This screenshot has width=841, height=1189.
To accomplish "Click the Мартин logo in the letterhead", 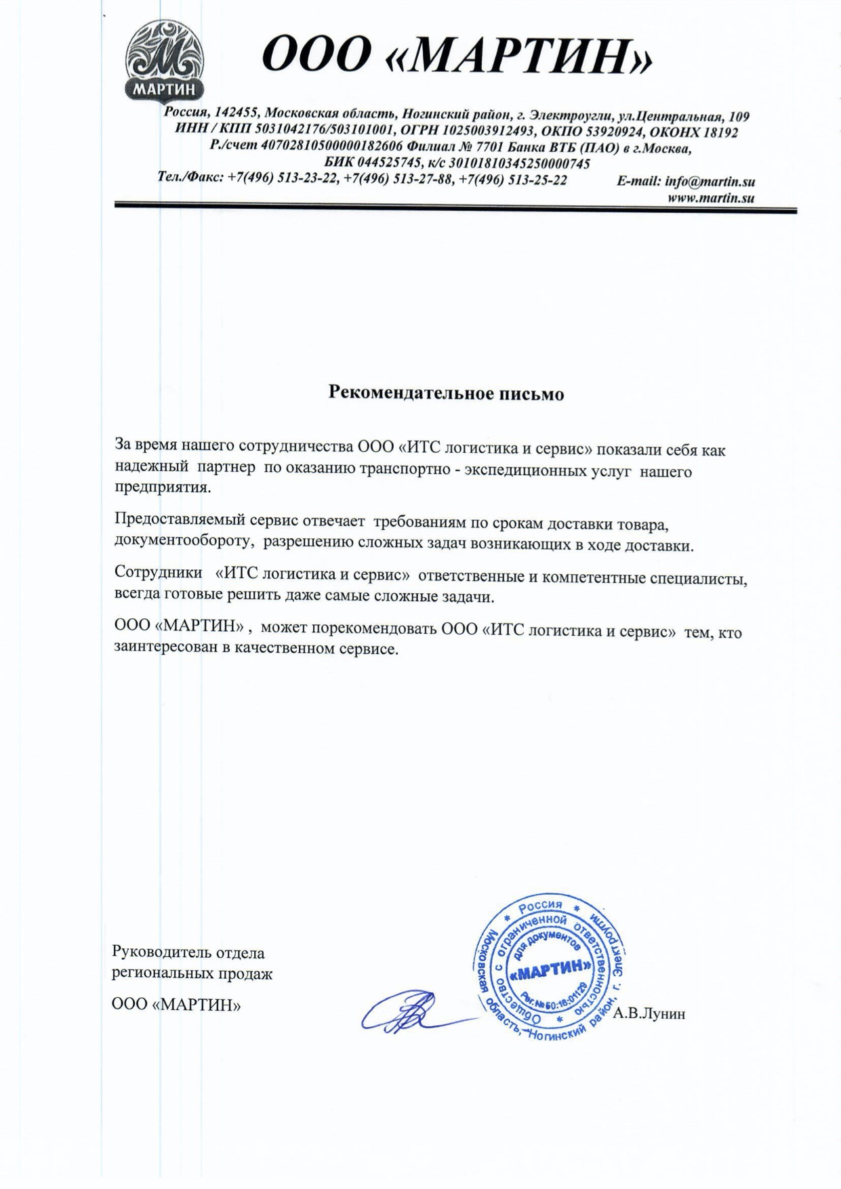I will click(x=165, y=60).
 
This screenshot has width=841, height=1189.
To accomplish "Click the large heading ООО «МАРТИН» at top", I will click(x=457, y=55).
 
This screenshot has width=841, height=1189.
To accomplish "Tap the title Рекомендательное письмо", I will click(x=446, y=393).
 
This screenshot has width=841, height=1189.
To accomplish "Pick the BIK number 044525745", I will click(x=388, y=163).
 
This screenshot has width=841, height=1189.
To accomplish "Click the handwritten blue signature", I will click(x=407, y=1013).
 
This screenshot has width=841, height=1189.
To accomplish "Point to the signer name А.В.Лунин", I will click(x=649, y=1014).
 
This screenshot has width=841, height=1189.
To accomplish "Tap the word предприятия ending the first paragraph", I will click(x=163, y=488).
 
